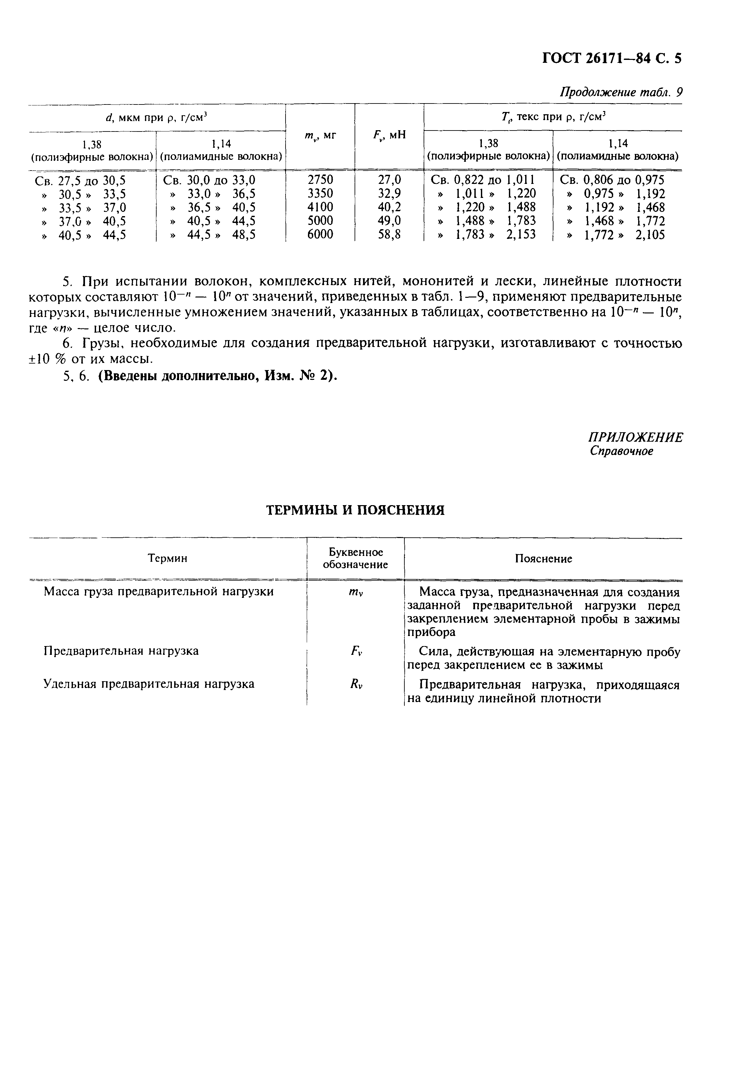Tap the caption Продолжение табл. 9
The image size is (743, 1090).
[621, 92]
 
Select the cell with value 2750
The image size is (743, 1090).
[320, 180]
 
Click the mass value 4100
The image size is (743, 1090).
[320, 207]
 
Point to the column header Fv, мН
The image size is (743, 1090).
[389, 135]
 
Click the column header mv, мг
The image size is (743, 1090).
[320, 135]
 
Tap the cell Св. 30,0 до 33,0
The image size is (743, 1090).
[209, 180]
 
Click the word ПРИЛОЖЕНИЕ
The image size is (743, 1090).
[636, 437]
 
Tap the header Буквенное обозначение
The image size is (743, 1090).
[355, 558]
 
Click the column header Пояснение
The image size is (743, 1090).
[543, 559]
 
